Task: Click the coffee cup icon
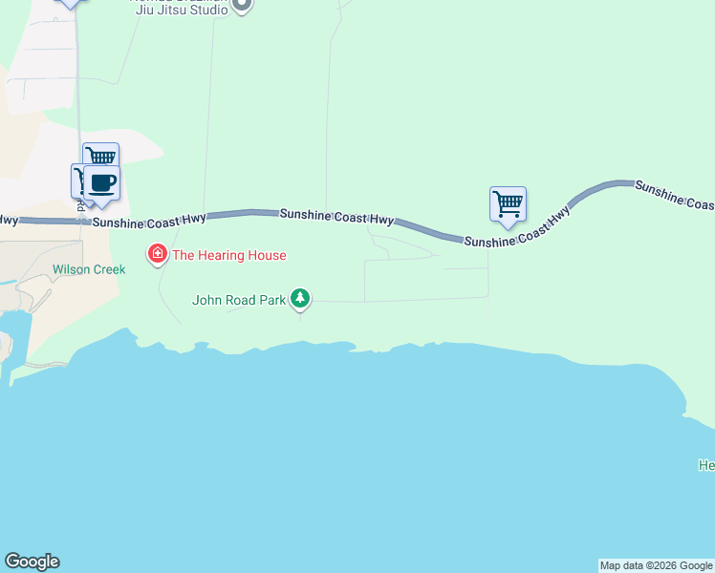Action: [101, 182]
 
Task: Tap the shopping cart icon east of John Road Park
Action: [508, 202]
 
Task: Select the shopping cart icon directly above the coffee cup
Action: [99, 156]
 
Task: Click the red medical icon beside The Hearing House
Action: [157, 255]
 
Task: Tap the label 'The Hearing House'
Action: [228, 255]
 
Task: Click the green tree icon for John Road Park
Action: [301, 299]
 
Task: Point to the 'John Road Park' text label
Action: [239, 300]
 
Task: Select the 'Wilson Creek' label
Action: [89, 269]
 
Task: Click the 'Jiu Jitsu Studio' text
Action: [182, 10]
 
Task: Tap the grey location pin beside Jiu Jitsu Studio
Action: [242, 5]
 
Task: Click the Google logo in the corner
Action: [32, 562]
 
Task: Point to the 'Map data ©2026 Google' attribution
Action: [656, 565]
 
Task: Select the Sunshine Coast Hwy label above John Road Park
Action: [336, 217]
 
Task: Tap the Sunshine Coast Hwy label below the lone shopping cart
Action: [517, 227]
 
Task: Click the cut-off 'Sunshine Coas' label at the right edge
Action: [674, 195]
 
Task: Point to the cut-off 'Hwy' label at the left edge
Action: [9, 220]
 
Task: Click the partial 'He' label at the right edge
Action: [706, 465]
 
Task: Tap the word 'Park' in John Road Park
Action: [272, 300]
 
